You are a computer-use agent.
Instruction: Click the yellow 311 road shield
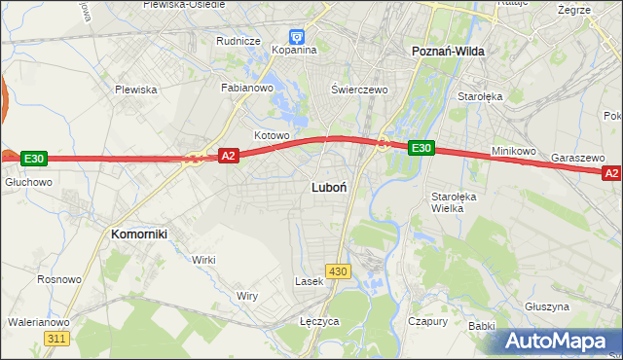pyautogui.click(x=56, y=338)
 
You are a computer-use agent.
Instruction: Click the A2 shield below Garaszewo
pyautogui.click(x=611, y=173)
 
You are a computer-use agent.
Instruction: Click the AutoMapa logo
pyautogui.click(x=557, y=341)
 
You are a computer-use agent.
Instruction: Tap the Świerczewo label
pyautogui.click(x=359, y=89)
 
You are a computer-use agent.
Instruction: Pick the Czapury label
pyautogui.click(x=427, y=320)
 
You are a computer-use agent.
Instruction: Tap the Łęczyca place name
pyautogui.click(x=319, y=320)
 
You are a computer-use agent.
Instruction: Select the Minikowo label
pyautogui.click(x=515, y=152)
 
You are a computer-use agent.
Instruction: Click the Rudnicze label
pyautogui.click(x=238, y=41)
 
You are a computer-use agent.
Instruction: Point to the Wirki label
pyautogui.click(x=203, y=260)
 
